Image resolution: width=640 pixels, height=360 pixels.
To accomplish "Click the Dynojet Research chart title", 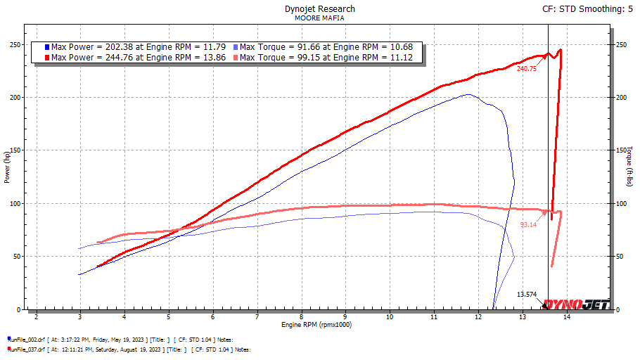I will tap(320, 9).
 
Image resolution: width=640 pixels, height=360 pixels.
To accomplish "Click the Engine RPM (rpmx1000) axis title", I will tap(316, 325).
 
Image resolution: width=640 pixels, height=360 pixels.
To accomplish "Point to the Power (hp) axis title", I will tap(7, 169).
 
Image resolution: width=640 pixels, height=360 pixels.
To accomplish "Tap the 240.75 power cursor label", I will tap(526, 69).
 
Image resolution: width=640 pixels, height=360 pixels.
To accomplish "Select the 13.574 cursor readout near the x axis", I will tap(527, 295).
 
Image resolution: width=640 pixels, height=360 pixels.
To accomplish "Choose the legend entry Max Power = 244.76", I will tap(139, 58).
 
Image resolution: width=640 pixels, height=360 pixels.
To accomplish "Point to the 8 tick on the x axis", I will tap(302, 318).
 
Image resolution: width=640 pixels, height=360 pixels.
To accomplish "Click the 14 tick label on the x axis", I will tap(567, 318).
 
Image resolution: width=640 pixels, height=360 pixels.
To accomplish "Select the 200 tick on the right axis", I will tap(622, 98).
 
